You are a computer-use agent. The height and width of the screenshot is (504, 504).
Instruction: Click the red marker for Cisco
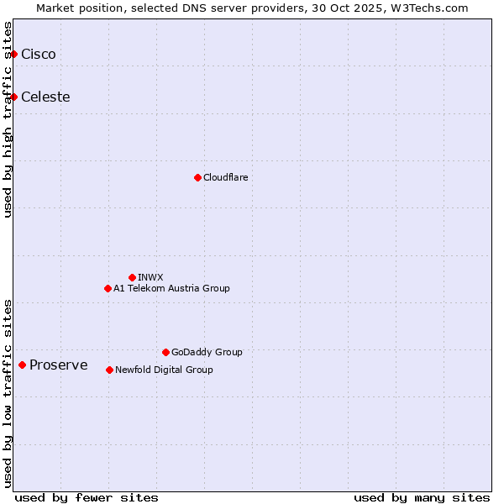pos(13,55)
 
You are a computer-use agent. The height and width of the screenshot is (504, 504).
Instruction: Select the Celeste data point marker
pos(13,97)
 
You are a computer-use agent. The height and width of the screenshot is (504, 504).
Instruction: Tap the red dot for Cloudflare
pos(197,177)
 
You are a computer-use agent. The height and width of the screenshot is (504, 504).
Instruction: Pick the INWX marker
pos(132,277)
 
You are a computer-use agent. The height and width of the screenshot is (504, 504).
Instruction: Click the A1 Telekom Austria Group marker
pos(108,288)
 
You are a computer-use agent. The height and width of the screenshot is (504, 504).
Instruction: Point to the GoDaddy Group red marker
pos(165,352)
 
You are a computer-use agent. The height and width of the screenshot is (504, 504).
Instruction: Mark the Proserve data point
pos(22,365)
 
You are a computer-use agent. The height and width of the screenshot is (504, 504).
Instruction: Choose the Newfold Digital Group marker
pos(109,370)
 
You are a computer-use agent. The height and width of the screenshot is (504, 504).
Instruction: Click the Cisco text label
pos(39,55)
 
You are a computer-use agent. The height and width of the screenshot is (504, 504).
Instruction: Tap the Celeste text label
pos(45,97)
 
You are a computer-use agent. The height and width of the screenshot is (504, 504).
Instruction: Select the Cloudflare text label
pos(225,177)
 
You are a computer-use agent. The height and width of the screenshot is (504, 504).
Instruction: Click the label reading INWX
pos(150,277)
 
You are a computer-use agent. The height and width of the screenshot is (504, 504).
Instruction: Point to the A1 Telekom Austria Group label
pos(171,288)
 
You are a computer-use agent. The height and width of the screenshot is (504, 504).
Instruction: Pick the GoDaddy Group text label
pos(207,352)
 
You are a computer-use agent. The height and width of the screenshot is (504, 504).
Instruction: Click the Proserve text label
pos(58,365)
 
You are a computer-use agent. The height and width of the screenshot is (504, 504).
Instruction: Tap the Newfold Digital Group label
pos(164,370)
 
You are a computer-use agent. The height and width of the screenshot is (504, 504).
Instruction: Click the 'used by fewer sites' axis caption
pos(87,498)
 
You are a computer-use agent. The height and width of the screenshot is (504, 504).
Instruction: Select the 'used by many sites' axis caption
pos(422,498)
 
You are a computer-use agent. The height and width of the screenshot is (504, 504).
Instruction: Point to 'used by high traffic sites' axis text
pos(8,119)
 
